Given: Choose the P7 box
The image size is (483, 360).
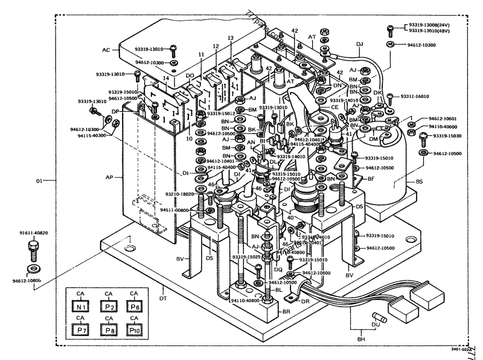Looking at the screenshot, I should pos(80,330).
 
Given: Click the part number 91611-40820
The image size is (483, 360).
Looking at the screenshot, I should pos(33,233).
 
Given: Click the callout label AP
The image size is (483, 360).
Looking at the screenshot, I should pos(117,177).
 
